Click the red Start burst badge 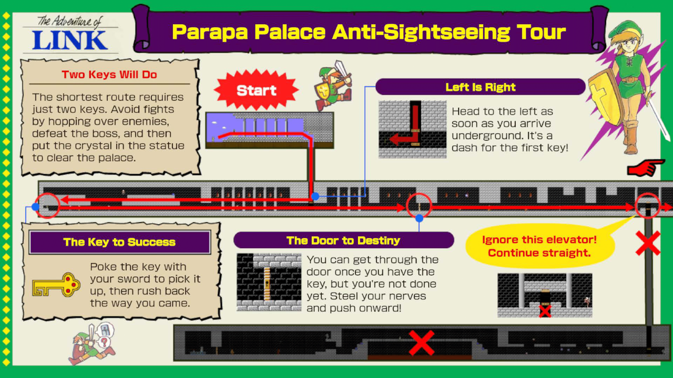pyautogui.click(x=256, y=90)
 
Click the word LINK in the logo pyautogui.click(x=70, y=40)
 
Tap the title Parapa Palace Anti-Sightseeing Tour pyautogui.click(x=369, y=32)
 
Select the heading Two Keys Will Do pyautogui.click(x=109, y=75)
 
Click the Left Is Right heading pyautogui.click(x=480, y=87)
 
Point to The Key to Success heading pyautogui.click(x=119, y=242)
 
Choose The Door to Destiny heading pyautogui.click(x=343, y=240)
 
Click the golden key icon pyautogui.click(x=56, y=285)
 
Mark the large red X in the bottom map pyautogui.click(x=422, y=343)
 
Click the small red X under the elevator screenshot pyautogui.click(x=545, y=311)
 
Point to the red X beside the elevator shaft pyautogui.click(x=648, y=243)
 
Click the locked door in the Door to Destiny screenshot pyautogui.click(x=267, y=284)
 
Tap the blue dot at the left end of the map pyautogui.click(x=35, y=207)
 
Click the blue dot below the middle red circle pyautogui.click(x=419, y=218)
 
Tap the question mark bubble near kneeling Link pyautogui.click(x=104, y=342)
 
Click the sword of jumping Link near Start pyautogui.click(x=343, y=70)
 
